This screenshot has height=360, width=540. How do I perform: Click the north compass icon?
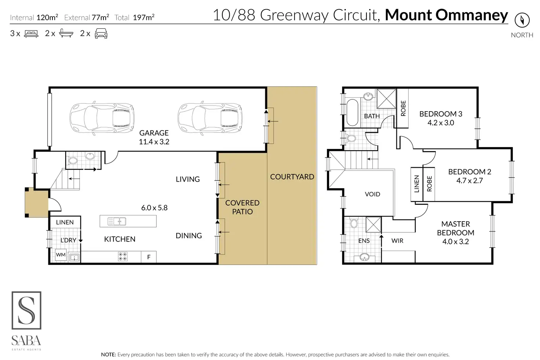click(522, 20)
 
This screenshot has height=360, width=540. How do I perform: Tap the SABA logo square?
click(26, 310)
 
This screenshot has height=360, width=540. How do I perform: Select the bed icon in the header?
click(31, 34)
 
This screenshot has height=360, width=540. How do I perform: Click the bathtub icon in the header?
click(66, 34)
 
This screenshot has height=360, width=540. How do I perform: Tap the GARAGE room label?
click(154, 133)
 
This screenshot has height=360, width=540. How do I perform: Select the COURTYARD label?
click(292, 177)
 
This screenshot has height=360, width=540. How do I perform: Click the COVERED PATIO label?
click(242, 207)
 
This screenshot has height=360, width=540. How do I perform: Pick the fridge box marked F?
click(149, 257)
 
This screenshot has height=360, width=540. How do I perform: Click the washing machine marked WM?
click(61, 255)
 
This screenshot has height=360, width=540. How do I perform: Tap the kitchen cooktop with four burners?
click(123, 257)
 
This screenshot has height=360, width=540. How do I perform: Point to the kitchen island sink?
click(117, 221)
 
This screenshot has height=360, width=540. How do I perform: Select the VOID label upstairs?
click(372, 194)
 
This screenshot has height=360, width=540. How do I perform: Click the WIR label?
click(397, 241)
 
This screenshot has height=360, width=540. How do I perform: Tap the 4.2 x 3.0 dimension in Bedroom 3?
click(441, 123)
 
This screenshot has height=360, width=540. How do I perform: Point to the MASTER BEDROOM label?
click(455, 228)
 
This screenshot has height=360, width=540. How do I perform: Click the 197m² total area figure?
click(143, 17)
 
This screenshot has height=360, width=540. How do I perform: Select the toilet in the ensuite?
click(354, 223)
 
